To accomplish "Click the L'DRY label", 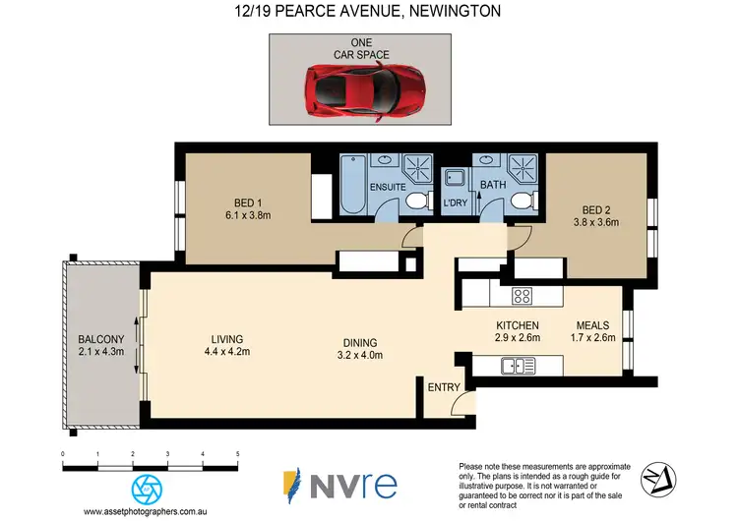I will (x=455, y=203).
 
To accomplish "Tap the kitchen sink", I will (x=518, y=367).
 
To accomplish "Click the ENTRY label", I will (x=443, y=387).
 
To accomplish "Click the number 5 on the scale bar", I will (x=237, y=453).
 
